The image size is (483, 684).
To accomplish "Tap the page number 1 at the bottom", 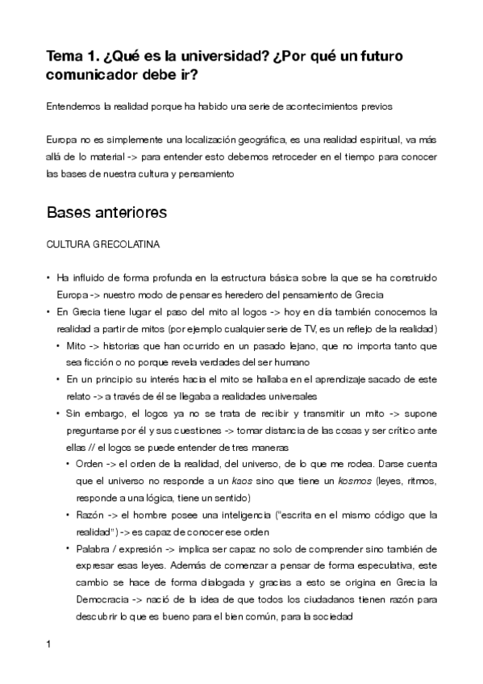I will [x=49, y=644].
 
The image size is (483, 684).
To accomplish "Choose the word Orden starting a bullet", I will [x=89, y=465].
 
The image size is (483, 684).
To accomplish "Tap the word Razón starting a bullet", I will [x=90, y=515].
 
